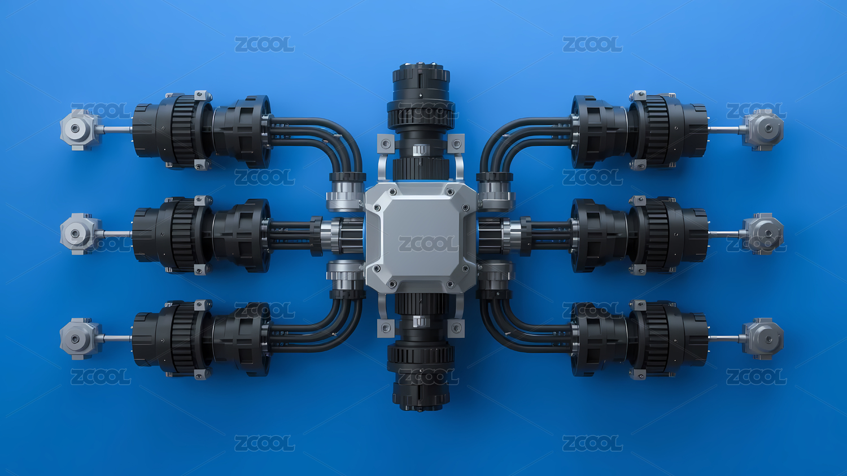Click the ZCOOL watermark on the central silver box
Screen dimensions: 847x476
(x=428, y=244)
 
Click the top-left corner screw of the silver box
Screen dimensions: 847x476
(x=392, y=192)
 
